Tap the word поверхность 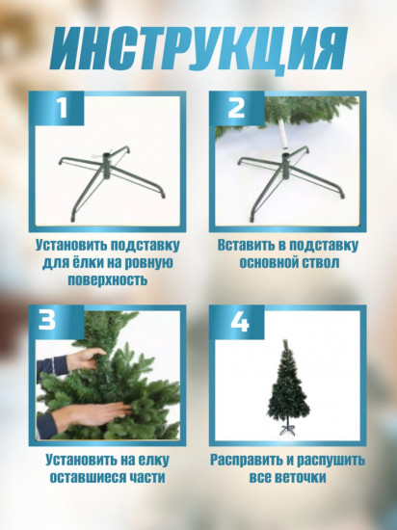pyautogui.click(x=108, y=279)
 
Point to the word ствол pyautogui.click(x=320, y=263)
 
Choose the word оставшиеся pyautogui.click(x=87, y=478)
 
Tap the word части pyautogui.click(x=146, y=478)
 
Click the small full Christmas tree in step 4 pyautogui.click(x=287, y=388)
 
